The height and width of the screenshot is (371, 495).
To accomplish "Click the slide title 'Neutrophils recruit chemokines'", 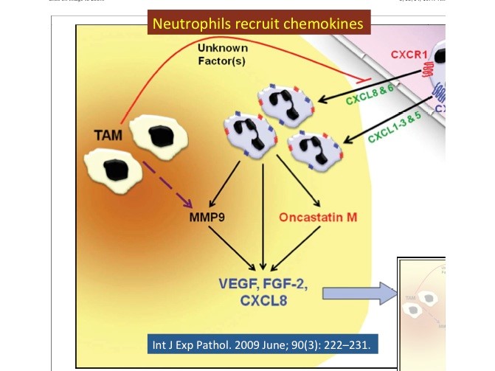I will (x=258, y=24).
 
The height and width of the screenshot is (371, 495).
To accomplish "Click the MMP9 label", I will (x=206, y=219).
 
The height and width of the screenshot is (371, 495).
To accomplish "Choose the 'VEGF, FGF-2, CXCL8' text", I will (x=263, y=291).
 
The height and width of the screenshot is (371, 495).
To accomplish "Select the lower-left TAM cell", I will (x=112, y=169).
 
